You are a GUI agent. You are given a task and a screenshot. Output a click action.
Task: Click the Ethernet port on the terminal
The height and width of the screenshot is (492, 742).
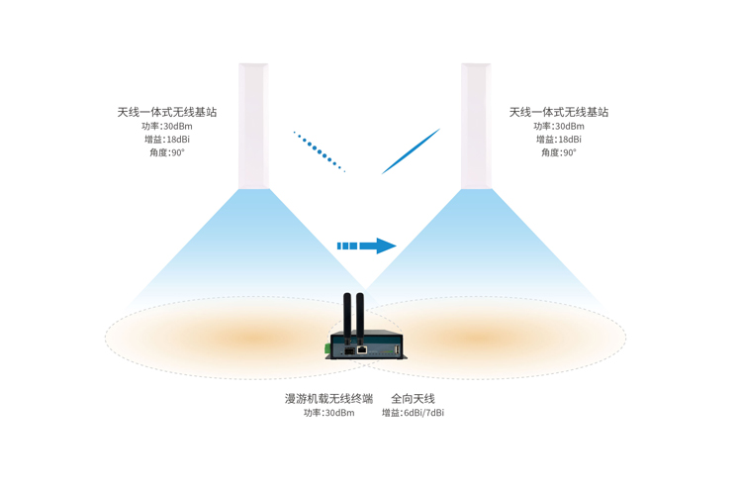coord(363,349)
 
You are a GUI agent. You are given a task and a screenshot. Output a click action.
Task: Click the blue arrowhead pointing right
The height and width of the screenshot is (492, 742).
coord(384,246)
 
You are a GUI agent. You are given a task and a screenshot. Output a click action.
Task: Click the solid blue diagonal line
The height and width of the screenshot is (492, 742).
coord(411,151)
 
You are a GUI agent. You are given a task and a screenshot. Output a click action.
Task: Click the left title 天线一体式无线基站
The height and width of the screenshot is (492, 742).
coord(166,112)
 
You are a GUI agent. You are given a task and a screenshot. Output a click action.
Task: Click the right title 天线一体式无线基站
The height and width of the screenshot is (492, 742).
coord(559,112)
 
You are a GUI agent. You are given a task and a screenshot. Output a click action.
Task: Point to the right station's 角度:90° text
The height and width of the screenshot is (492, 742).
coord(559,152)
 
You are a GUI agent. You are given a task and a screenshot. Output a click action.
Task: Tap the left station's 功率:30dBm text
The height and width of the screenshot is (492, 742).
coord(167,126)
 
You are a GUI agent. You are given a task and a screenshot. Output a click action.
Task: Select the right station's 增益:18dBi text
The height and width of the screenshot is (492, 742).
coord(559,140)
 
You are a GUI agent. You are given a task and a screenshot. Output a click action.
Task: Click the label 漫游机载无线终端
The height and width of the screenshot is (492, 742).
coord(328,398)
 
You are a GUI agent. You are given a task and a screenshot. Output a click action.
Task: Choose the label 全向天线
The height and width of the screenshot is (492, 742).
coord(413,398)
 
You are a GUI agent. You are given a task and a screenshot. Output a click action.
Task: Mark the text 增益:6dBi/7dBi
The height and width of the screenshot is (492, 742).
coord(413,413)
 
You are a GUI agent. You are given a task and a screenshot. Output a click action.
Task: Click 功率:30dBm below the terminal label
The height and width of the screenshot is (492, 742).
coord(328,413)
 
